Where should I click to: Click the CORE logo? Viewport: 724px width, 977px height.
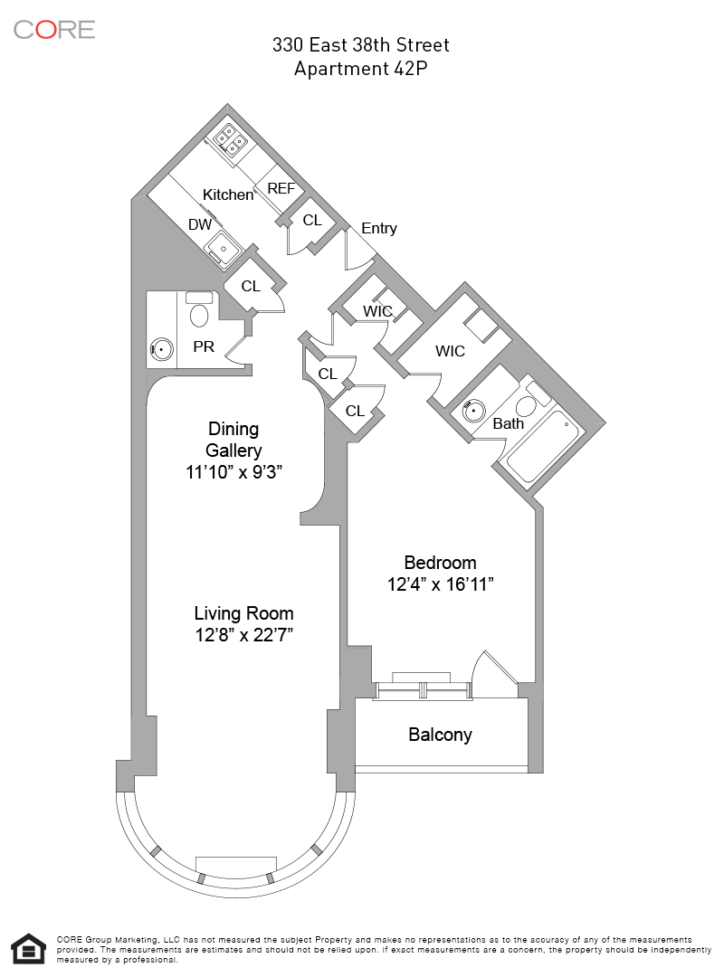(54, 29)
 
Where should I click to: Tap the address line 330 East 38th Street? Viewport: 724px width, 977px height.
(361, 45)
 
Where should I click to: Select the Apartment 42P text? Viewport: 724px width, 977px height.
(361, 69)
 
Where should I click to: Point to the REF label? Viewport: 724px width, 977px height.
(281, 189)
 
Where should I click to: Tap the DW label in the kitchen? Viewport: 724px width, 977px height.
(200, 224)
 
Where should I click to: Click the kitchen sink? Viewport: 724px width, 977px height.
(221, 246)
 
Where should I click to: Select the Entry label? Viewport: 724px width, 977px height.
(378, 228)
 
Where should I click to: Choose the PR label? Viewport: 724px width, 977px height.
(204, 346)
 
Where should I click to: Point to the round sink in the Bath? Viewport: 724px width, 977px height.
(472, 410)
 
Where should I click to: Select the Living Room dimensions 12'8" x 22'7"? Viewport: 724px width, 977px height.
(244, 635)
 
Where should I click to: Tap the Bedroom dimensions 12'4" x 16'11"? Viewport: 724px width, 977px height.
(440, 584)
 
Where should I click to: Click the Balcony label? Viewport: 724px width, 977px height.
(440, 735)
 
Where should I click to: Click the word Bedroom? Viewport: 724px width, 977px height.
(440, 563)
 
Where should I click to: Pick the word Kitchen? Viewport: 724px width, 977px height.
(228, 194)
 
